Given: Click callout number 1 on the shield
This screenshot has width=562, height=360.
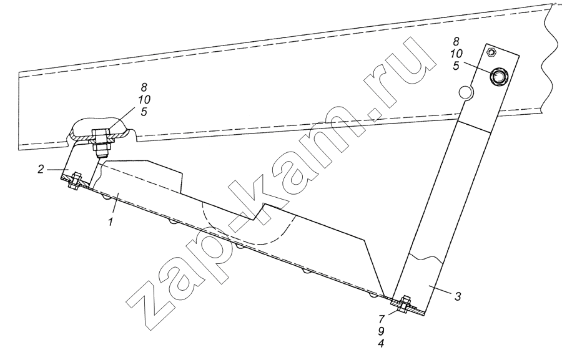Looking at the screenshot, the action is [111, 221].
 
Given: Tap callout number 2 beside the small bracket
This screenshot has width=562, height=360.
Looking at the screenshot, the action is [42, 168].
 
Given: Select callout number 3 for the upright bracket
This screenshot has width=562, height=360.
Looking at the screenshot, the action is [458, 296].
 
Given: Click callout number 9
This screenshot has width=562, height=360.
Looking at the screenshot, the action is [382, 331].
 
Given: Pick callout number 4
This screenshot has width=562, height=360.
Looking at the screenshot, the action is [382, 344].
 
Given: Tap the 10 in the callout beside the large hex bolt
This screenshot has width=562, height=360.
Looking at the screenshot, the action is [456, 54].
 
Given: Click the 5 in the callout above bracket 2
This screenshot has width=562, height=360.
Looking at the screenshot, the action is [144, 112].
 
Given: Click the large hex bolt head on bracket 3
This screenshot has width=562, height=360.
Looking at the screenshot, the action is [498, 76].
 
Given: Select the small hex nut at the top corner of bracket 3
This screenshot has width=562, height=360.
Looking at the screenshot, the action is [491, 52].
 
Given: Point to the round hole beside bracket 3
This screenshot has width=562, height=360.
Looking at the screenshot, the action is [466, 92].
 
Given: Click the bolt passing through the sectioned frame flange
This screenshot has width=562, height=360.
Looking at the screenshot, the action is [101, 142].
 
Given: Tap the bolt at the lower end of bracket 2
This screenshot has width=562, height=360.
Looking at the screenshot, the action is [76, 182].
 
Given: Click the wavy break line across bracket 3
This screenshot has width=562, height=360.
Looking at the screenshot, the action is [426, 256].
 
